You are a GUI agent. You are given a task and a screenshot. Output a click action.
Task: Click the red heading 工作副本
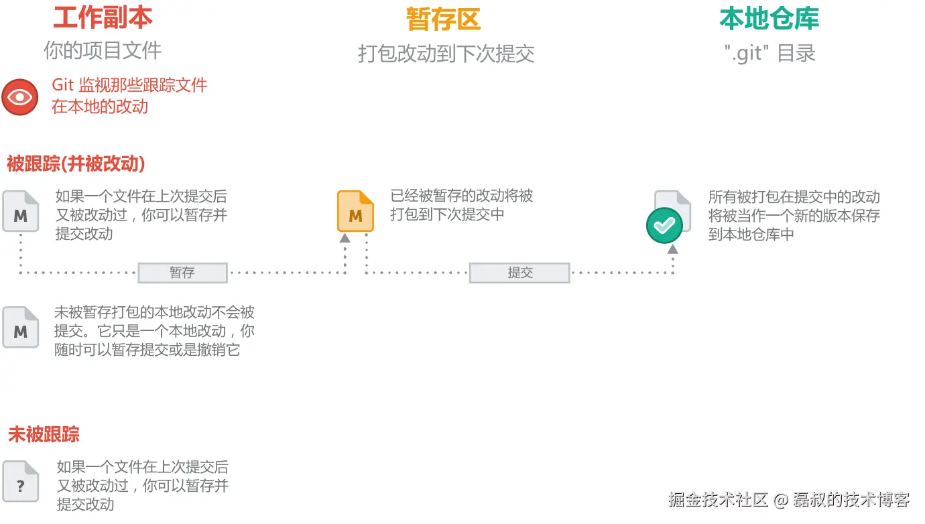tap(103, 18)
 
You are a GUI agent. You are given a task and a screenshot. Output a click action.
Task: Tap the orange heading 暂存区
tap(443, 19)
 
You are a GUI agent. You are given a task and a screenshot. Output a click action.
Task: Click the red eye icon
tap(20, 97)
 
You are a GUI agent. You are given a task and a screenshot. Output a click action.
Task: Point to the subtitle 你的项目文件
tap(103, 50)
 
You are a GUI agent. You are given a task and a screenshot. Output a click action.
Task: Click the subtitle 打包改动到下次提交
tap(446, 54)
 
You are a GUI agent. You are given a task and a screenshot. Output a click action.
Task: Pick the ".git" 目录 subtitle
tap(769, 54)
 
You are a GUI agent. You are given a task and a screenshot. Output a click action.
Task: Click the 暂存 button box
tap(182, 273)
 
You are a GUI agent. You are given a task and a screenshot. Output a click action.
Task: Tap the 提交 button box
tap(519, 273)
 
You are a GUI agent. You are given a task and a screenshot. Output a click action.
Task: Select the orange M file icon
tap(355, 212)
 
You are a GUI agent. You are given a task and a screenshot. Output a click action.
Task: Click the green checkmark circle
tap(664, 226)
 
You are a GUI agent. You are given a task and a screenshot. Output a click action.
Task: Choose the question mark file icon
tap(21, 482)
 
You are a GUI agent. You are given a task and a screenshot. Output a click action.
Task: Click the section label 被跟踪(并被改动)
tap(76, 163)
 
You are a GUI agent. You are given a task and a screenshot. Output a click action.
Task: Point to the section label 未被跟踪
tap(44, 434)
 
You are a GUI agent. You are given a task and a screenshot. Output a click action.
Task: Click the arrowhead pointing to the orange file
tap(345, 237)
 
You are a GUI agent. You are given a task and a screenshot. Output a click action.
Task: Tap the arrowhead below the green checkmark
tap(672, 249)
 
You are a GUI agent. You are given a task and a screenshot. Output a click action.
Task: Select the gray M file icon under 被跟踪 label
tap(21, 212)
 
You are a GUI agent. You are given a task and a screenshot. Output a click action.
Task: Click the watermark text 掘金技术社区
tap(717, 499)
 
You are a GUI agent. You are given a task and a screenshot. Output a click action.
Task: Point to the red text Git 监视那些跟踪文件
tap(129, 86)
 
